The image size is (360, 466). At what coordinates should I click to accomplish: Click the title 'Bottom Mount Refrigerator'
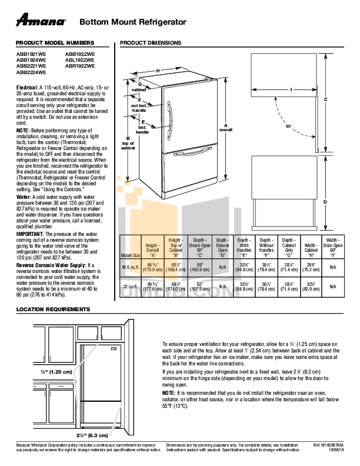132,22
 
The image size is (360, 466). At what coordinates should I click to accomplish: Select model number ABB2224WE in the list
31,72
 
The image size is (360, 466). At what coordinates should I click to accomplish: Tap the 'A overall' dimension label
226,127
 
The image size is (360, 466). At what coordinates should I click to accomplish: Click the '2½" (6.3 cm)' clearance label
92,435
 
